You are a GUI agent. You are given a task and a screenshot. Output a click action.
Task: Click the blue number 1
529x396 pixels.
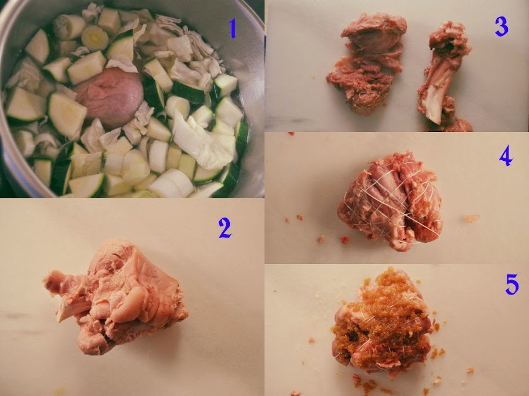click(x=232, y=28)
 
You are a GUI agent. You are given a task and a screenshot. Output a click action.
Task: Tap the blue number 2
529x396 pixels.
click(x=225, y=228)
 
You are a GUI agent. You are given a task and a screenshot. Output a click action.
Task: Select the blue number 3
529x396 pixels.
click(x=501, y=26)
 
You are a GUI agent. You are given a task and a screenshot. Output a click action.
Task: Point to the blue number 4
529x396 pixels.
click(x=506, y=156)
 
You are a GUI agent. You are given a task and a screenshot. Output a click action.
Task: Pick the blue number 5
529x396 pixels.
click(x=512, y=285)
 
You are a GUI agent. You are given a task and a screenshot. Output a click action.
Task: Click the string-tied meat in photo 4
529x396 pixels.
click(x=390, y=201)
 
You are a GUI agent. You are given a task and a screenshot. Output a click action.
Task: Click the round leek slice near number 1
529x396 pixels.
click(x=95, y=38)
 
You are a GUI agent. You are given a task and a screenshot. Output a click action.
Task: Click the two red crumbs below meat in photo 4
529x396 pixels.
click(x=332, y=239)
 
